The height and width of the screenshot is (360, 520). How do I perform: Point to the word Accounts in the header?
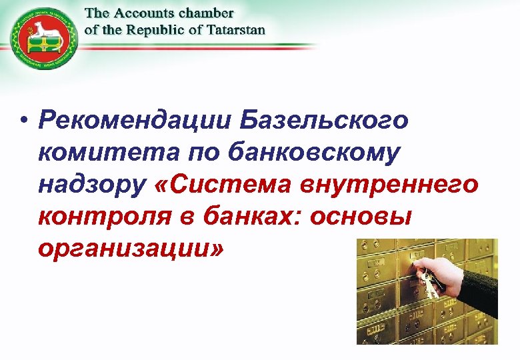(144, 13)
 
